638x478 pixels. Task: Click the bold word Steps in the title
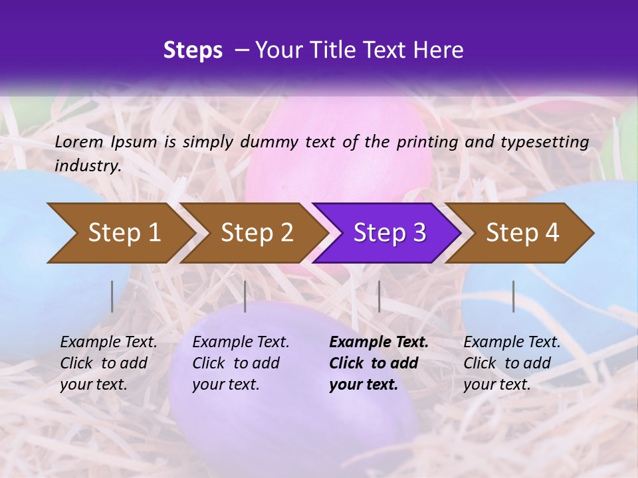pos(193,50)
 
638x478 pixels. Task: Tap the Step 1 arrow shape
pos(120,232)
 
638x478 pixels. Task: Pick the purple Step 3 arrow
pos(389,232)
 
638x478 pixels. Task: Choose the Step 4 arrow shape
pos(522,232)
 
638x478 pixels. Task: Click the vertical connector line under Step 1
pos(112,296)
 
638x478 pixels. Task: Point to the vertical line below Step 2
pos(245,296)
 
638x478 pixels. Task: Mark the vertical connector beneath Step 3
pos(379,296)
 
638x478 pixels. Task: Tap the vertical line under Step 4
pos(513,296)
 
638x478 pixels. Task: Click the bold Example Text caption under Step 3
pos(379,363)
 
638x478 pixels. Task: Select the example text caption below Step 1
pos(108,363)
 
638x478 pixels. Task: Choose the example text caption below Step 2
pos(241,363)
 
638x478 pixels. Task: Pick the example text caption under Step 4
pos(512,363)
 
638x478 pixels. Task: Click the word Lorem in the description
pos(79,141)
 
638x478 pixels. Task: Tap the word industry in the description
pos(88,166)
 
